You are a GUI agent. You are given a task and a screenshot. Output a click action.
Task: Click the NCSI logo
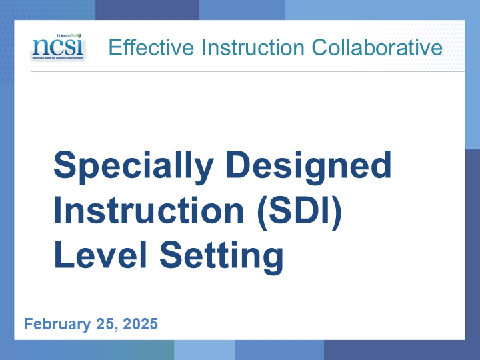tap(58, 47)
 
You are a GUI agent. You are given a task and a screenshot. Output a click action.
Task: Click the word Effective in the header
tap(151, 47)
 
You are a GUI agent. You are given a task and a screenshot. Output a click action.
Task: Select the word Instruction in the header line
tap(253, 47)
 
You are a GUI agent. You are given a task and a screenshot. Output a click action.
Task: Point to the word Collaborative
tap(377, 47)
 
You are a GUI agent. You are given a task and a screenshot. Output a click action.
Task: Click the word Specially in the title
tap(133, 167)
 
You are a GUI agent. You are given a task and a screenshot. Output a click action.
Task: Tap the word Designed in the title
tap(309, 167)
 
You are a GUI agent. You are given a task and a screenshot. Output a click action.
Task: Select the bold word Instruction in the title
tap(149, 211)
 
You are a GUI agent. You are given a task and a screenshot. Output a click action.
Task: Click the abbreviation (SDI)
tap(300, 212)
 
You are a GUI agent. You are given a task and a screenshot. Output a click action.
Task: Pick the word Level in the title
tap(101, 255)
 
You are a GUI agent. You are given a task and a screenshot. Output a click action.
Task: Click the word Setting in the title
tap(221, 257)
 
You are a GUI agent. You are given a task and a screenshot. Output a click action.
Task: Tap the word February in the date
tap(57, 324)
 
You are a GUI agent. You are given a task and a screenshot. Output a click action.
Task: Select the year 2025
tap(140, 324)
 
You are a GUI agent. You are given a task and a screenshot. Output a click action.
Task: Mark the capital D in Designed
tap(238, 165)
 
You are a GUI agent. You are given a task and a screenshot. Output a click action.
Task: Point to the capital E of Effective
tap(115, 47)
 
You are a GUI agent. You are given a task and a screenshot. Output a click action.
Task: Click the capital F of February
tap(29, 324)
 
